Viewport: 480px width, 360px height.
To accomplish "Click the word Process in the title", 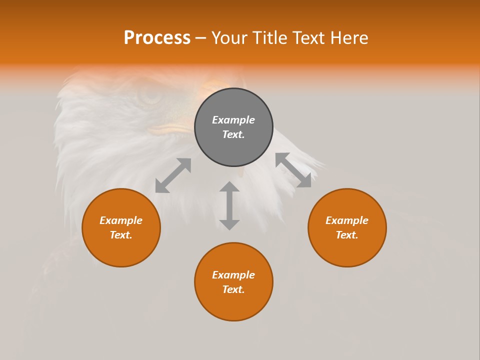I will click(x=157, y=38).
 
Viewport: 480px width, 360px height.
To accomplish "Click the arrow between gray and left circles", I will click(x=173, y=175).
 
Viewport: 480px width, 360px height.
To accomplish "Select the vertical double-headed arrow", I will click(x=229, y=205).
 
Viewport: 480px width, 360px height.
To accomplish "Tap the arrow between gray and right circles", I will click(x=293, y=170).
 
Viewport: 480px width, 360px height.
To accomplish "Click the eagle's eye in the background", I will click(x=149, y=93).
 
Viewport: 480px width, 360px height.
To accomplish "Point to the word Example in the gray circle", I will click(x=233, y=120).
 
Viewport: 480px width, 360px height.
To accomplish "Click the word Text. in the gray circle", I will click(x=233, y=134).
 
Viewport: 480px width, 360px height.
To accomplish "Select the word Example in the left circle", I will click(x=121, y=220).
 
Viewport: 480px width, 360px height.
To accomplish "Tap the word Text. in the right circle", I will click(x=347, y=235).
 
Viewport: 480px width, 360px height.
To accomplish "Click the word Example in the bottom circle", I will click(x=233, y=275).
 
